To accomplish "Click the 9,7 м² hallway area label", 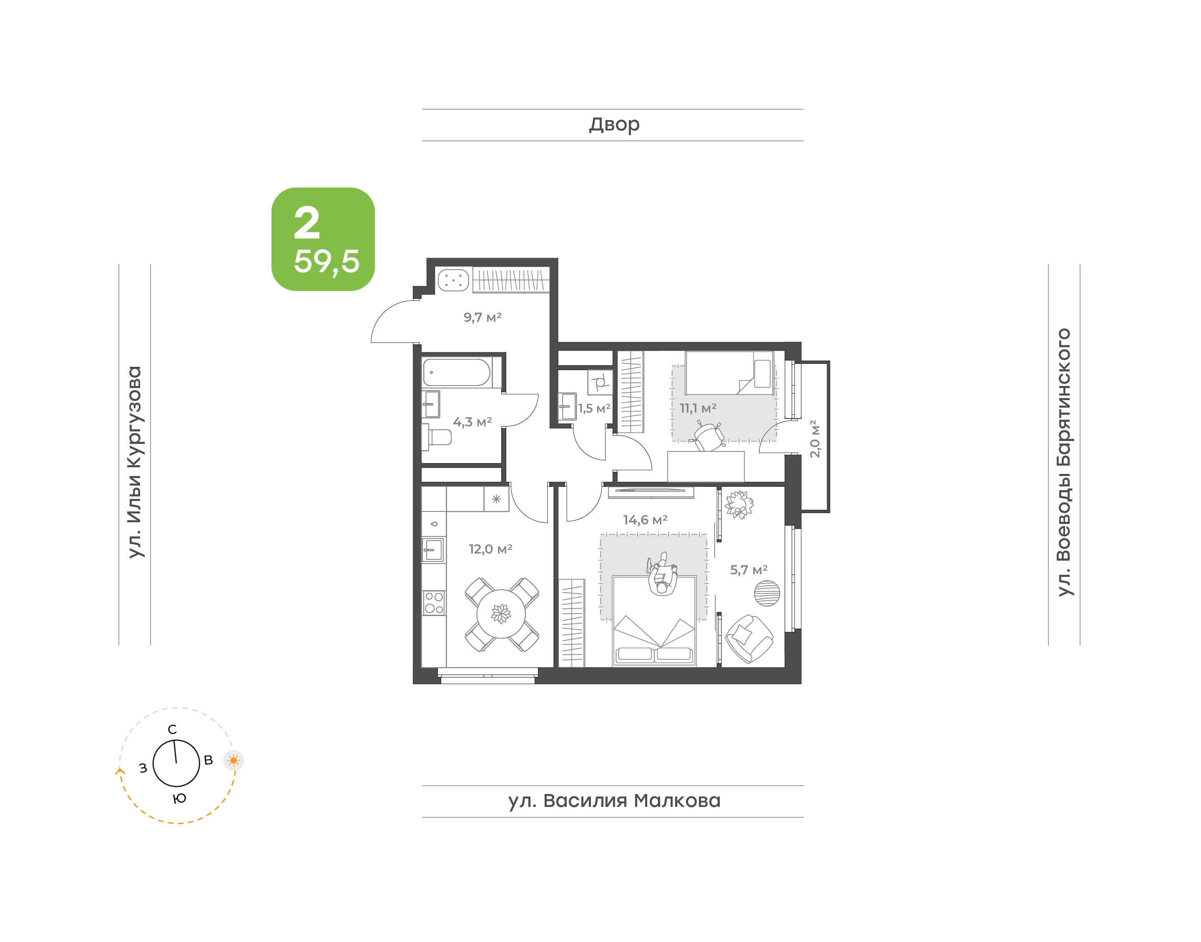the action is click(x=482, y=317).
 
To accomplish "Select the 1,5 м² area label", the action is click(x=594, y=408).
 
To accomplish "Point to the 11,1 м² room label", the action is click(x=698, y=408).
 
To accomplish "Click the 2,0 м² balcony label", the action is click(x=815, y=438).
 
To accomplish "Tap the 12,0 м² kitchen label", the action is click(x=490, y=549).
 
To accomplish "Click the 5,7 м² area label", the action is click(x=749, y=570).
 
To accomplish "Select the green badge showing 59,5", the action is click(x=323, y=239).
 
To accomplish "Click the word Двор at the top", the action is click(x=614, y=125).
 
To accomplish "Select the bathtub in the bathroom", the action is click(x=457, y=372).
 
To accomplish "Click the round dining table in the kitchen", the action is click(x=501, y=614).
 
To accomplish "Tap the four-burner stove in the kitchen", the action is click(x=434, y=602).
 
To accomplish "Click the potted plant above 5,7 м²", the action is click(x=739, y=505).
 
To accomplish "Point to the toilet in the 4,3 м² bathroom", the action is click(x=437, y=437).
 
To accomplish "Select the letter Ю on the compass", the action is click(x=179, y=799).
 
